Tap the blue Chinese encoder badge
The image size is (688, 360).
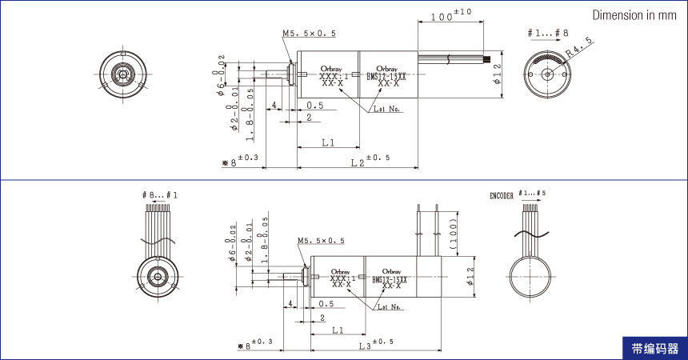(654, 349)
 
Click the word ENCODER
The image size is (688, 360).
(502, 195)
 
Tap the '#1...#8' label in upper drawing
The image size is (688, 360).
(548, 33)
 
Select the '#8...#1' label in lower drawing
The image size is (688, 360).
(160, 195)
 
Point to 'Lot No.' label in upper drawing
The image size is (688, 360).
(386, 110)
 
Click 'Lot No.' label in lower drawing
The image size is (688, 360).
(391, 306)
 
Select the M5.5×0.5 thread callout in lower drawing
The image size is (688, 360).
(321, 241)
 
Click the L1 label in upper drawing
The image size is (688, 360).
(328, 142)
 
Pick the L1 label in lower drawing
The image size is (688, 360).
(338, 330)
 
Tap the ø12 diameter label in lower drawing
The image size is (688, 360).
(470, 276)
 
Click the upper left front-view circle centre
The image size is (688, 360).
(122, 74)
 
